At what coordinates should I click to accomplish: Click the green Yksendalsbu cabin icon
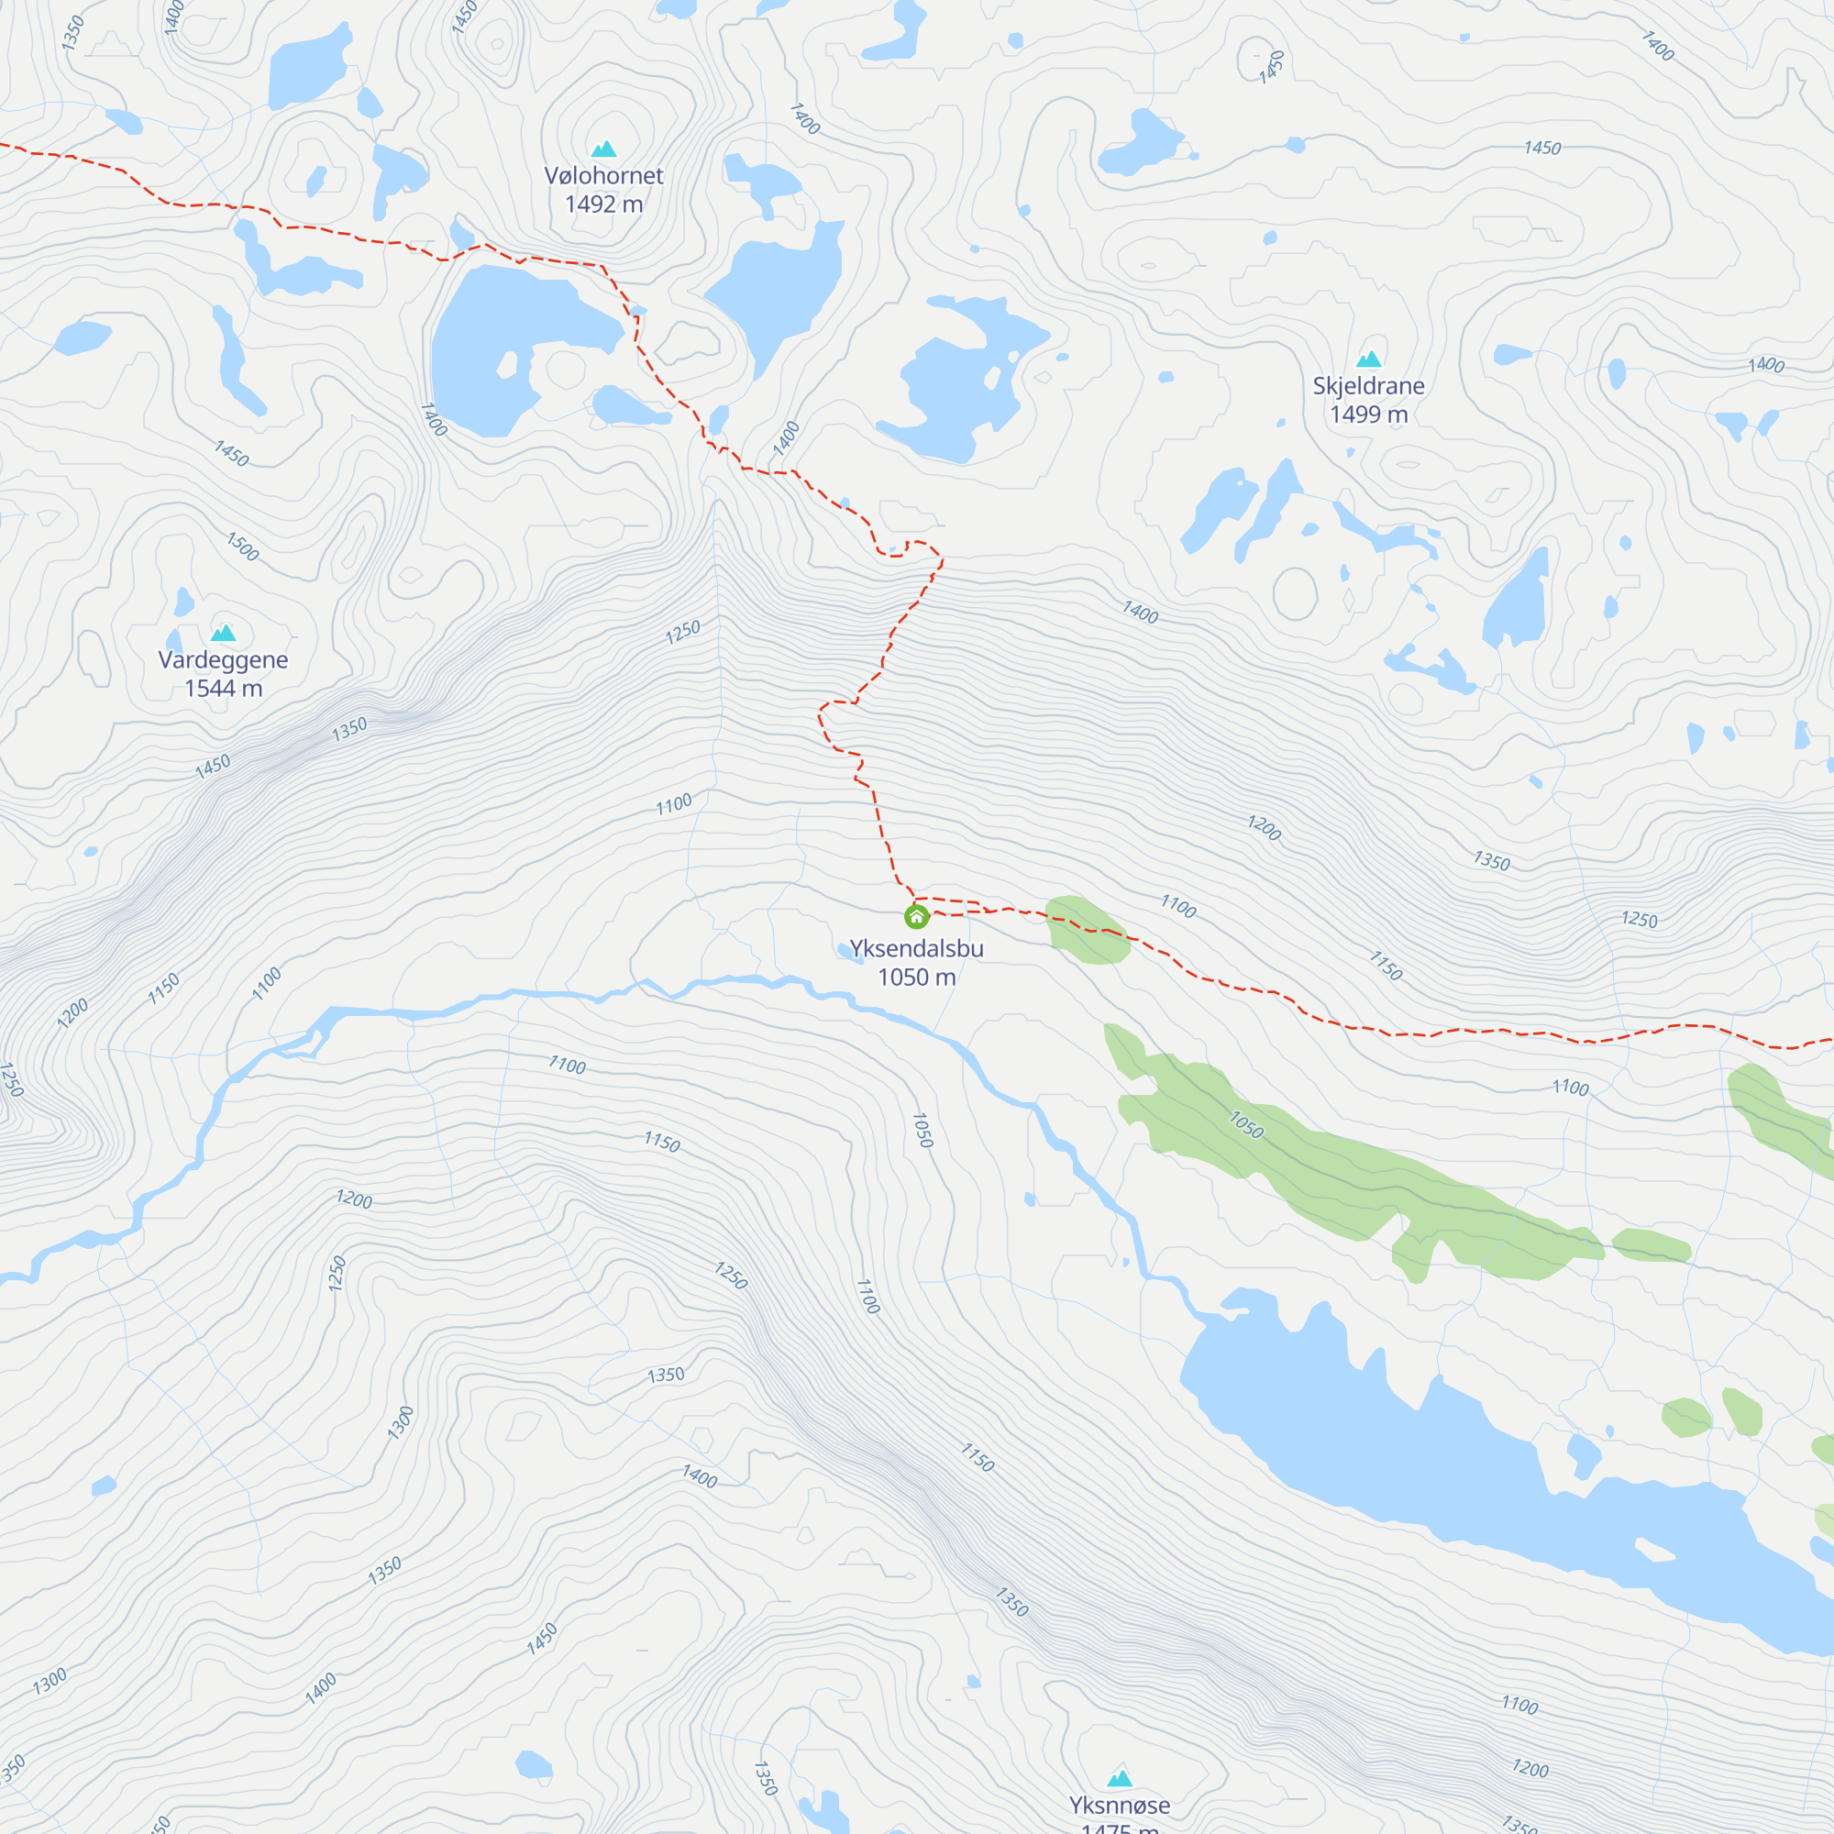click(x=916, y=917)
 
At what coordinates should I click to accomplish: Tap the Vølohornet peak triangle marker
click(x=603, y=149)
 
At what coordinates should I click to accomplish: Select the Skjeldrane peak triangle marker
click(x=1368, y=359)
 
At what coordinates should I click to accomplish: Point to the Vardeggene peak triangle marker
click(x=223, y=633)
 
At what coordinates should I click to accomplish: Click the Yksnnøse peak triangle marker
click(x=1121, y=1778)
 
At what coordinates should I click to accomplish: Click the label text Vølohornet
click(x=603, y=176)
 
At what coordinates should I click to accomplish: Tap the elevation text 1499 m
click(x=1368, y=414)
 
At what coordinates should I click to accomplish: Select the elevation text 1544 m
click(x=223, y=689)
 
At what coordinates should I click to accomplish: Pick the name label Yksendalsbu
click(x=916, y=948)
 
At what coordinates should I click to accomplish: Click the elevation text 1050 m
click(x=916, y=977)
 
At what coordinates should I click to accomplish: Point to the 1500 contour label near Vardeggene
click(x=242, y=547)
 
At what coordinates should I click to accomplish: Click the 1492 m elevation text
click(x=603, y=204)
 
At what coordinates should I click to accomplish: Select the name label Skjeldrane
click(x=1368, y=385)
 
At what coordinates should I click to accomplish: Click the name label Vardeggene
click(x=223, y=659)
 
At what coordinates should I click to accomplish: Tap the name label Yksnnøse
click(x=1121, y=1805)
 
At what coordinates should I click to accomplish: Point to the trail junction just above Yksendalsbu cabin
click(x=914, y=898)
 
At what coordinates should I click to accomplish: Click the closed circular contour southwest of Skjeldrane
click(x=1295, y=593)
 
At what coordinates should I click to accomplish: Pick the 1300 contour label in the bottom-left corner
click(x=50, y=1681)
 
